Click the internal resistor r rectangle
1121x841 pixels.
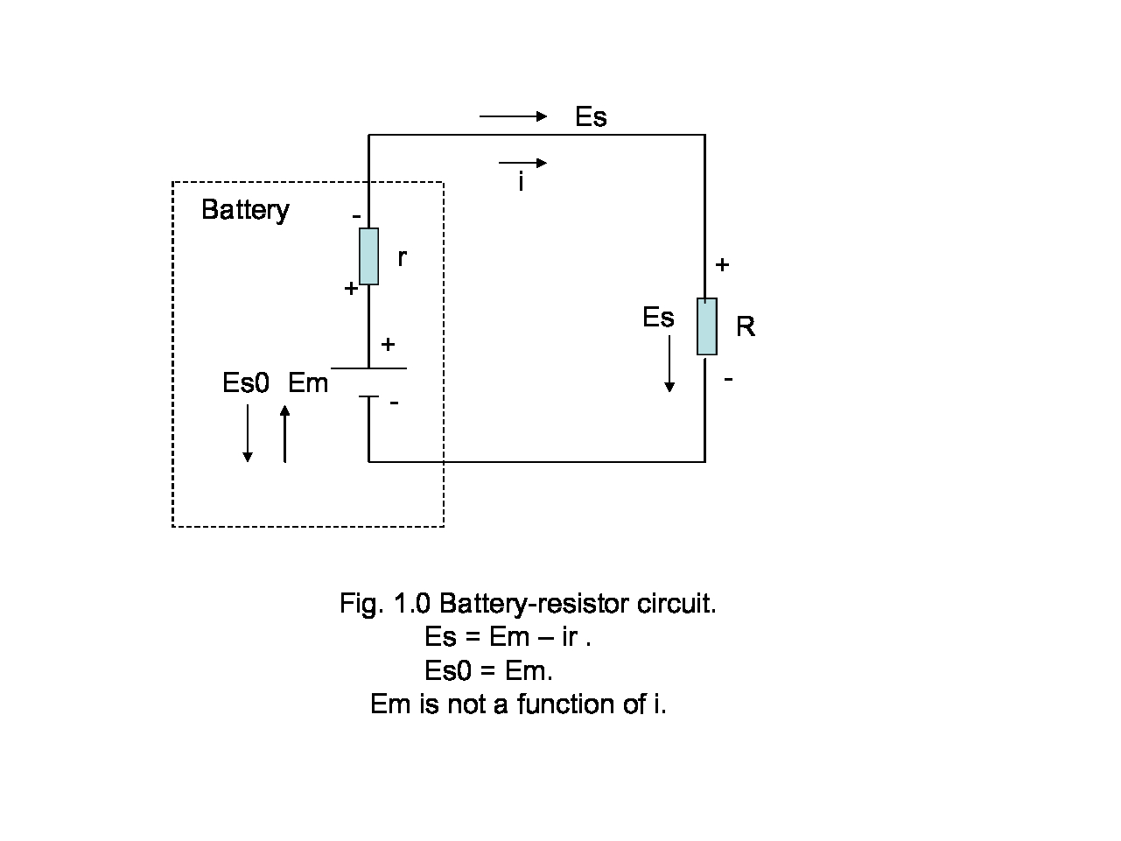369,256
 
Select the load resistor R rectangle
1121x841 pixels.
706,326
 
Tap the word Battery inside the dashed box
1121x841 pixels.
245,210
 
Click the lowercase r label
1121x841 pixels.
402,257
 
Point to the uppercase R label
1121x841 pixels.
746,327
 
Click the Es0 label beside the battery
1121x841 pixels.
246,383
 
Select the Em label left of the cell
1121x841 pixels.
308,383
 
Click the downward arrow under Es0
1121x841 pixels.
248,433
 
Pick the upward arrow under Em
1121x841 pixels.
284,433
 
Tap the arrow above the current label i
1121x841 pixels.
522,163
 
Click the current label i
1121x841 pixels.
522,183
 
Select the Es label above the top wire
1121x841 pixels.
591,117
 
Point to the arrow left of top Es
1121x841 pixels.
513,116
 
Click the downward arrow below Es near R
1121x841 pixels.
669,363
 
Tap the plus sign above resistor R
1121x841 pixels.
722,264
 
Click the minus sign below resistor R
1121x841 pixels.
728,378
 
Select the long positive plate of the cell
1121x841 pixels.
368,368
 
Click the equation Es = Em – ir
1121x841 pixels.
508,637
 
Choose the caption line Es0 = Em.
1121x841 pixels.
488,670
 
